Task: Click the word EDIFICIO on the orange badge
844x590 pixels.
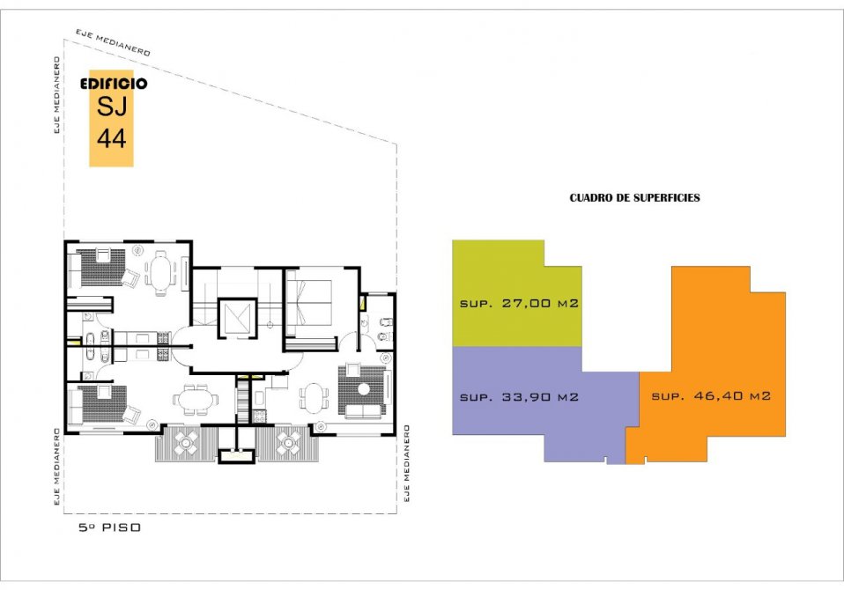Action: pyautogui.click(x=113, y=84)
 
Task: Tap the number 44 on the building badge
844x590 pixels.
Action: pyautogui.click(x=111, y=138)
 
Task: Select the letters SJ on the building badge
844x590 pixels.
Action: pyautogui.click(x=112, y=106)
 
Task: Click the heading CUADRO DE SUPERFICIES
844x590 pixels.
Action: pyautogui.click(x=634, y=198)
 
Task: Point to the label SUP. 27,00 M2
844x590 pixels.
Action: pyautogui.click(x=519, y=303)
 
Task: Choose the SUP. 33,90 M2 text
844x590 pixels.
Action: pyautogui.click(x=519, y=397)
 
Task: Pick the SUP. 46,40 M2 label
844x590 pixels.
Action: pyautogui.click(x=711, y=396)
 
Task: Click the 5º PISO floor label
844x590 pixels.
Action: pyautogui.click(x=110, y=527)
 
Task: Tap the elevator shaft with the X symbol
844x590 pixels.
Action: pyautogui.click(x=237, y=319)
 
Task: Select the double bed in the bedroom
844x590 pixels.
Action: pyautogui.click(x=309, y=302)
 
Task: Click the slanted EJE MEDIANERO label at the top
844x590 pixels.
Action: pyautogui.click(x=113, y=42)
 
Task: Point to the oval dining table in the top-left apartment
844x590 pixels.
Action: pyautogui.click(x=161, y=273)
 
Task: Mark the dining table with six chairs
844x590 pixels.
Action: pyautogui.click(x=195, y=400)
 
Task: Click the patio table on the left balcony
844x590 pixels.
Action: pyautogui.click(x=186, y=443)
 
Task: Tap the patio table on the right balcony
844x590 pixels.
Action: pyautogui.click(x=288, y=443)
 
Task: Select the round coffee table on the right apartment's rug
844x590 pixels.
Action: pyautogui.click(x=365, y=389)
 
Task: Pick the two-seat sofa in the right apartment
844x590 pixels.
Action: pyautogui.click(x=363, y=411)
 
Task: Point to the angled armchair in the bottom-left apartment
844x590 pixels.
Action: pyautogui.click(x=131, y=414)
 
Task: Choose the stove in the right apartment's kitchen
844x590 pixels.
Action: pyautogui.click(x=259, y=417)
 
